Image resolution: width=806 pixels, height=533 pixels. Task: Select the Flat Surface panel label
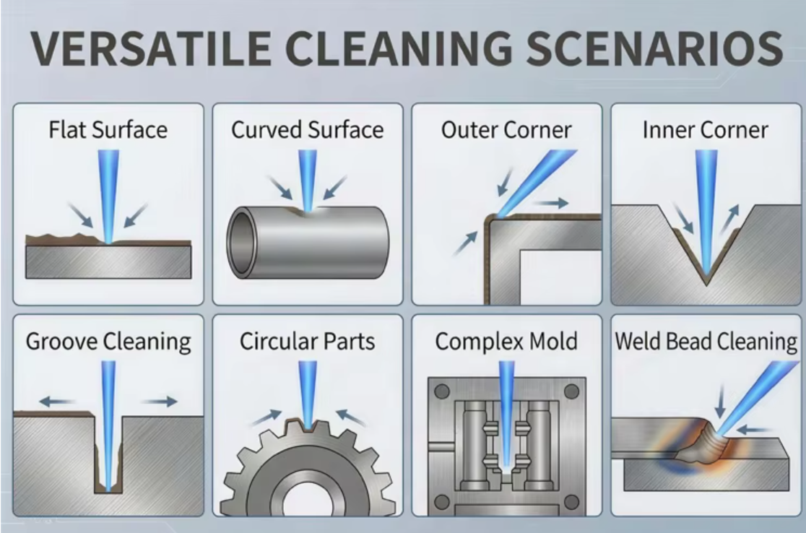click(x=108, y=131)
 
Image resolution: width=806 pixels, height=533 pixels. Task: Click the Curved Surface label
click(x=307, y=131)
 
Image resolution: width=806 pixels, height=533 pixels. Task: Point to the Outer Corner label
click(x=506, y=131)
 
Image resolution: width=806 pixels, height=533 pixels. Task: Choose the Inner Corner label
click(x=706, y=131)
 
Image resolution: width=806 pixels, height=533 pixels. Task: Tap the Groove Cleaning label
click(x=108, y=342)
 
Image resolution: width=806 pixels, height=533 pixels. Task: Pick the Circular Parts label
click(x=308, y=342)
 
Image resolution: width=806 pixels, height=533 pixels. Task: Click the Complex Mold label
click(x=506, y=342)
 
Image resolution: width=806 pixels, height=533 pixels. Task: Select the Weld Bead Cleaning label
click(x=706, y=342)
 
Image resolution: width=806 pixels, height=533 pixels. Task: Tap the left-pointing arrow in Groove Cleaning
click(x=57, y=401)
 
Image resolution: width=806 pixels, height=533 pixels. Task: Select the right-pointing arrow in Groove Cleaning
click(x=159, y=401)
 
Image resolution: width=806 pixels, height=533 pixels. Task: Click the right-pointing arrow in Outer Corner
click(x=552, y=204)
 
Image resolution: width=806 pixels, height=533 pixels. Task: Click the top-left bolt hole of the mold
click(x=442, y=391)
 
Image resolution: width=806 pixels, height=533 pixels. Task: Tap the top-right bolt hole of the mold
click(x=571, y=391)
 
